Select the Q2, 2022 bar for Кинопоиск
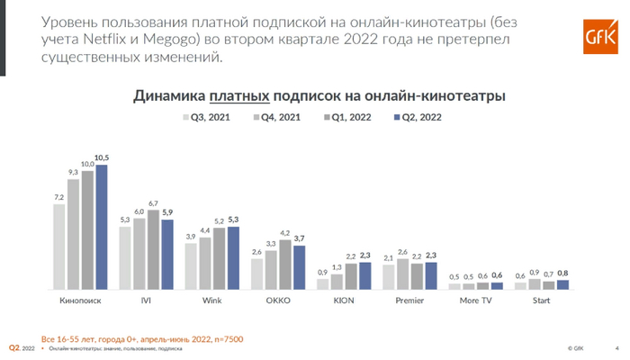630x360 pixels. pos(101,227)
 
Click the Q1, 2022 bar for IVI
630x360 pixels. pos(153,249)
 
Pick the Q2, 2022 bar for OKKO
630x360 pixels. pos(299,267)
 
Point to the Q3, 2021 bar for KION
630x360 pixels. pos(323,283)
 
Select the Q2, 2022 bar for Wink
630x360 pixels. pos(233,258)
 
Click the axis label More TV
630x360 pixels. pos(475,300)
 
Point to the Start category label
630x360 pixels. pos(541,300)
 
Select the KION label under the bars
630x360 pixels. pos(343,300)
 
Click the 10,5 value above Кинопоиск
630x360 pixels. pos(102,158)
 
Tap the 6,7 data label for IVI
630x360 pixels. pos(153,203)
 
